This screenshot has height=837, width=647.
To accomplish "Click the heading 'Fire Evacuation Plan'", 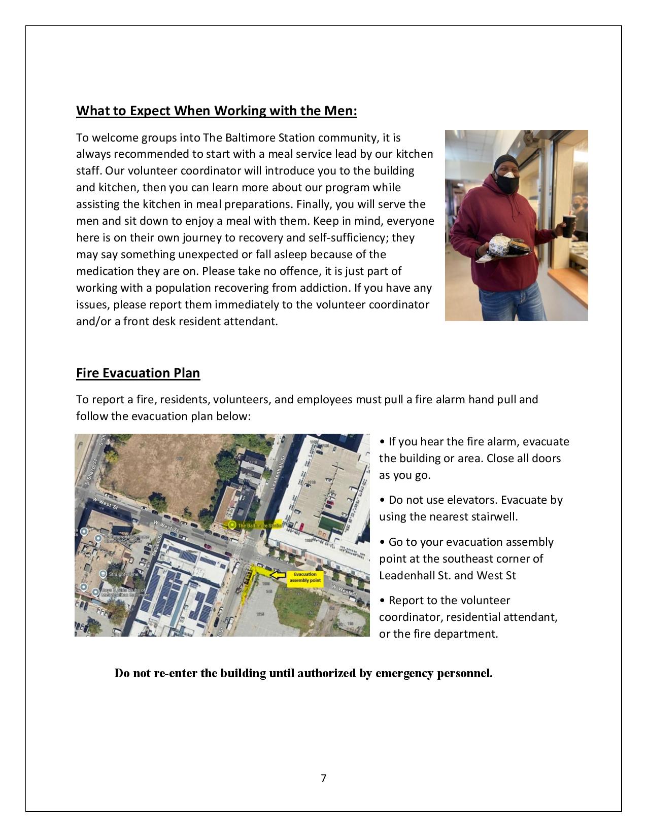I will click(138, 373).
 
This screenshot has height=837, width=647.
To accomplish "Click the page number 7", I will click(323, 778).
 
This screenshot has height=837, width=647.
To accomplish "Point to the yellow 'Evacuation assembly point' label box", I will click(305, 578).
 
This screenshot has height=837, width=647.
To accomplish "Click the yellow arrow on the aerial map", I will click(277, 575).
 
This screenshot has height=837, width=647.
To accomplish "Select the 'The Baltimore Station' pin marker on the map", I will click(232, 525).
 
